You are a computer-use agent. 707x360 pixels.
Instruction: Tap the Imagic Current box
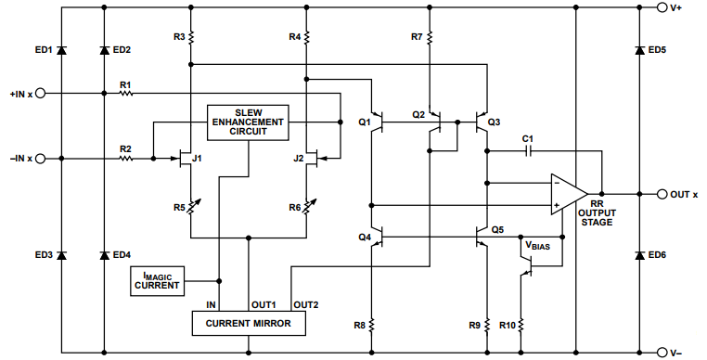point(157,279)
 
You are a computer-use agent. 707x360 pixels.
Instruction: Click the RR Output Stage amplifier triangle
point(567,195)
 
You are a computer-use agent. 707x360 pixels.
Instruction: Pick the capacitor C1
point(527,150)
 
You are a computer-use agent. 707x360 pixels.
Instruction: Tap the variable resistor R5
point(189,208)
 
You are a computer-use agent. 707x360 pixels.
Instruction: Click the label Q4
point(364,238)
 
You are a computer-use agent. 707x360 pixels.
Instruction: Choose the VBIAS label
point(538,247)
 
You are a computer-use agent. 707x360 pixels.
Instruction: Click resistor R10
point(521,325)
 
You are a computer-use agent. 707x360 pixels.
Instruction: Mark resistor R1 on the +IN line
point(126,94)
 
